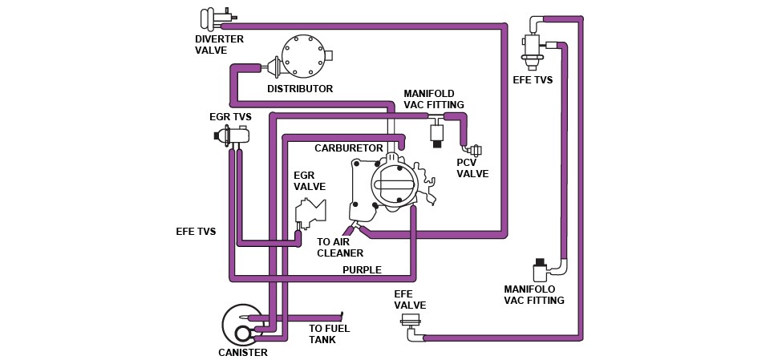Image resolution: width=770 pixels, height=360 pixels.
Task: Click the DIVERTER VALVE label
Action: click(219, 44)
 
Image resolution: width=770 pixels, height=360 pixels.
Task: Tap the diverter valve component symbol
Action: click(215, 18)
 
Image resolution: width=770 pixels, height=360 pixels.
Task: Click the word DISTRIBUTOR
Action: click(300, 89)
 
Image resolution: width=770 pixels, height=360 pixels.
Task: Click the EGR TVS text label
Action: click(230, 117)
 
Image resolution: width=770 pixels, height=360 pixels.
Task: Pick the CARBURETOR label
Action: click(349, 148)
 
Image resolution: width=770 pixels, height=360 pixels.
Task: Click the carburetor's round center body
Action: click(394, 185)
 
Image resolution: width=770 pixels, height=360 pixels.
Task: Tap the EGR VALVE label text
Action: click(310, 181)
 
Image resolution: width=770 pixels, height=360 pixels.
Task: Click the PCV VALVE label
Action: click(472, 168)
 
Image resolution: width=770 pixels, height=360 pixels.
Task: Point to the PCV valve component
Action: click(474, 150)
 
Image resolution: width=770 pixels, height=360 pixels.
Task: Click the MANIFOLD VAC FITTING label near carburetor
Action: click(434, 99)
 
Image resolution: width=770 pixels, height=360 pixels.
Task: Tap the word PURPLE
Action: click(362, 270)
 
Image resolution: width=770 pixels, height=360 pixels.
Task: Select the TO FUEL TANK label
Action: click(329, 334)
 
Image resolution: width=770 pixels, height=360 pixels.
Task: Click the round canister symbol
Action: click(242, 325)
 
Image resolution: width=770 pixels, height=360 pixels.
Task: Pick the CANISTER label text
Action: click(242, 352)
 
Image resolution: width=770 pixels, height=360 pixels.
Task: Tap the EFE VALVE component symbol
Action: click(411, 322)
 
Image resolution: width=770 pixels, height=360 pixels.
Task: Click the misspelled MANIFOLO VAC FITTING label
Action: click(533, 295)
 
